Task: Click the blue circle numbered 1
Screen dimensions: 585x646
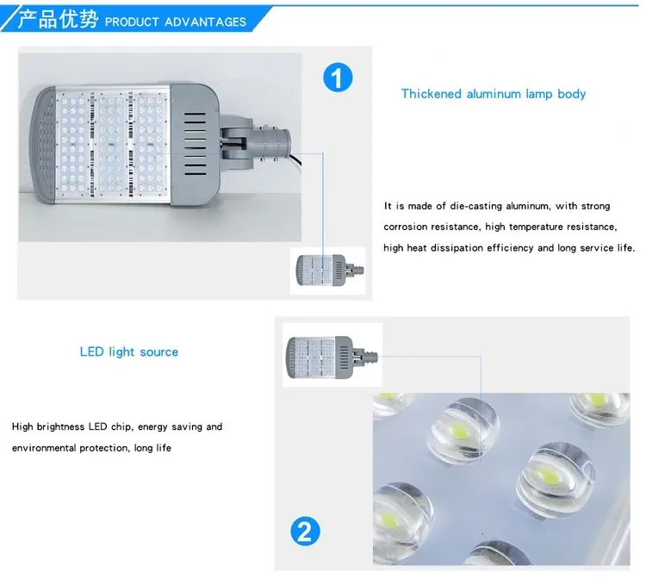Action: (338, 78)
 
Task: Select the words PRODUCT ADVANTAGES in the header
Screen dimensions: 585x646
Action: (175, 22)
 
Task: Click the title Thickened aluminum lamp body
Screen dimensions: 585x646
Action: (493, 94)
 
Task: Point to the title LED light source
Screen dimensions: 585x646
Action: (129, 352)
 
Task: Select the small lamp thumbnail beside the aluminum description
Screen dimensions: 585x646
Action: (326, 270)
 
